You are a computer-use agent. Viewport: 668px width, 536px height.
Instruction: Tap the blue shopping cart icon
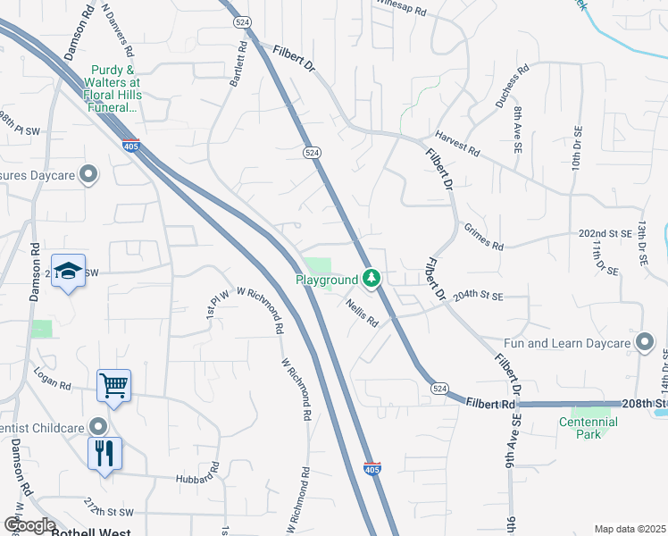pyautogui.click(x=114, y=386)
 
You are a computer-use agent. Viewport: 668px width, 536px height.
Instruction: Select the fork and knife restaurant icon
pyautogui.click(x=104, y=453)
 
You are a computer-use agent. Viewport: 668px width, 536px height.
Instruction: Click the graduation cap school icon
pyautogui.click(x=67, y=272)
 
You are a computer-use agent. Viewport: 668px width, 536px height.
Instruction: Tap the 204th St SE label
pyautogui.click(x=478, y=296)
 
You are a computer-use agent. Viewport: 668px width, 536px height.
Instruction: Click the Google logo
pyautogui.click(x=29, y=525)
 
